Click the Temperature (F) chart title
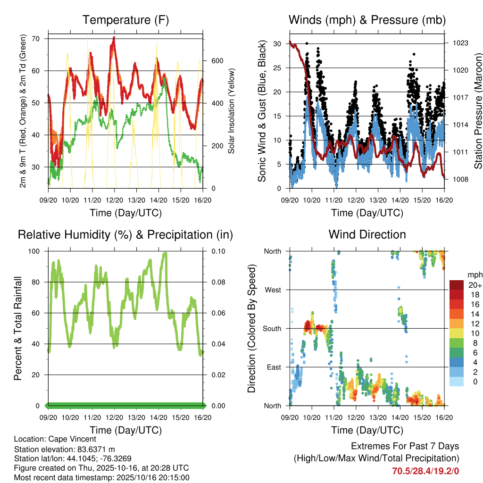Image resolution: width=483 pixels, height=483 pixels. coord(125,20)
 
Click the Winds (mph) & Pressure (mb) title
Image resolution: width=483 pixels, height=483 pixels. coord(367,20)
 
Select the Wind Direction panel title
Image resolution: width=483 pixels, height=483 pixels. coord(367,234)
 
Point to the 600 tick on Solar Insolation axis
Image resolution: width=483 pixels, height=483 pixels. coord(217,61)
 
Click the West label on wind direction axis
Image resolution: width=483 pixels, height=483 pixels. coord(273,290)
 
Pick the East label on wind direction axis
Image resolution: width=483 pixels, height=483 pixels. coord(274,367)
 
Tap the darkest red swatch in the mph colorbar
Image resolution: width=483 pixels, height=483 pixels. coord(456,285)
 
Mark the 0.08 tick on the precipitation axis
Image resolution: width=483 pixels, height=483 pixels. coord(215,282)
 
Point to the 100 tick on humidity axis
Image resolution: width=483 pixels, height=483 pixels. coord(37,251)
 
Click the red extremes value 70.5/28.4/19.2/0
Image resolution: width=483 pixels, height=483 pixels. coord(425,470)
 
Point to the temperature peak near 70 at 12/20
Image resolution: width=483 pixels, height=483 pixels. coord(114,37)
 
